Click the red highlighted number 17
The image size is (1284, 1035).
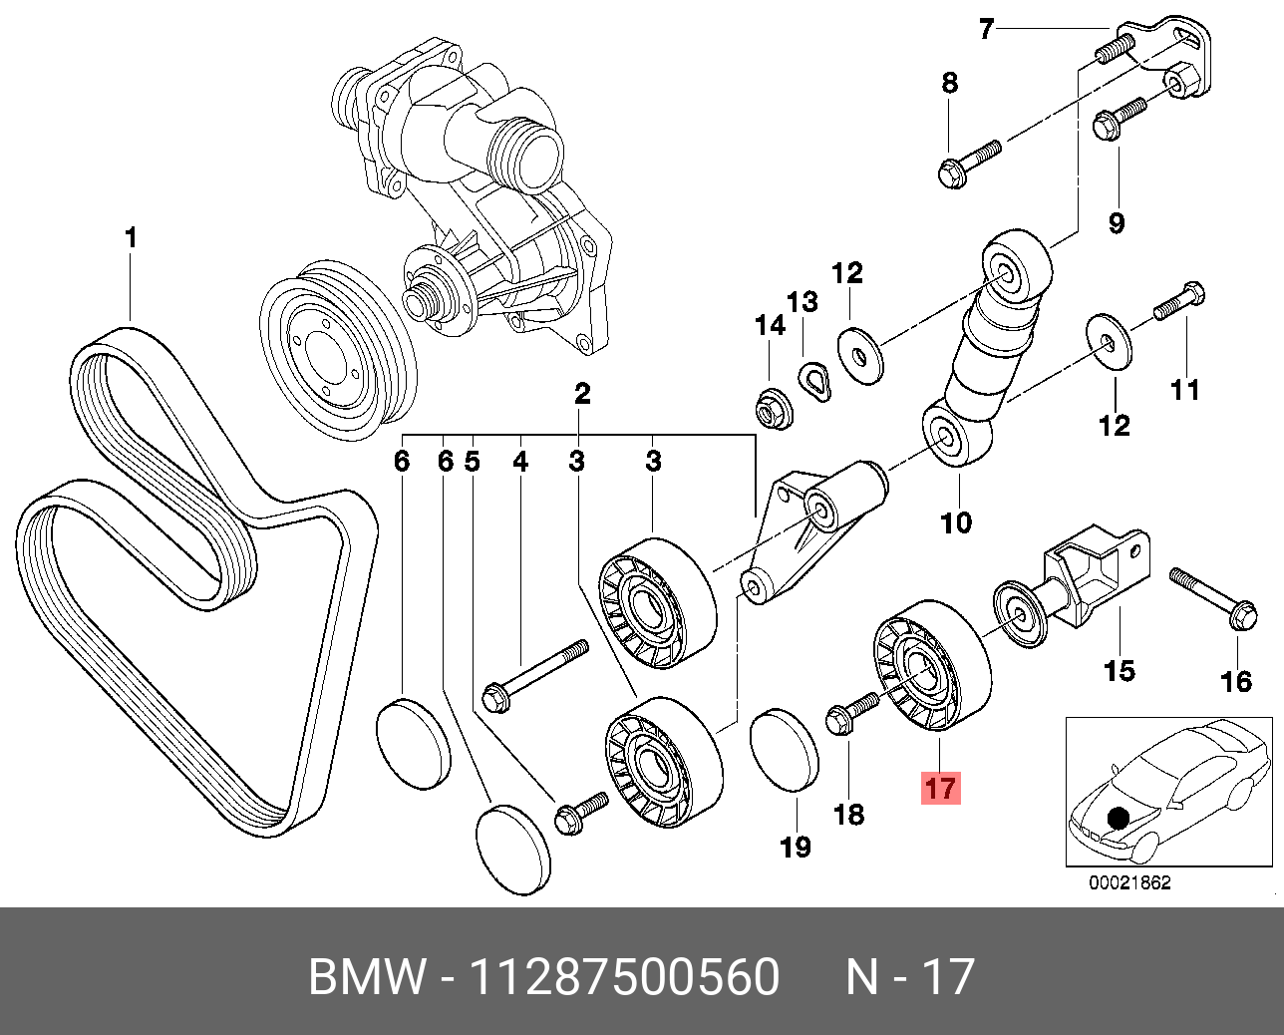[941, 788]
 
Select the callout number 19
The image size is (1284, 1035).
[796, 847]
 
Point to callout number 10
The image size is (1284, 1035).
[956, 521]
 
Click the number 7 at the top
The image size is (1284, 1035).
[986, 29]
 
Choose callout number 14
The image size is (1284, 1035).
[770, 326]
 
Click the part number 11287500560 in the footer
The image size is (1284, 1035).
[624, 976]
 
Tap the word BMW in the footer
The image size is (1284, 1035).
[366, 976]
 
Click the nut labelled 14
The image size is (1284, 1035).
[774, 411]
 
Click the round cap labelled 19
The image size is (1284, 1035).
[785, 750]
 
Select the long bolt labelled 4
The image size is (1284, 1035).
[534, 676]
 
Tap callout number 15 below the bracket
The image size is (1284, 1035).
[1120, 671]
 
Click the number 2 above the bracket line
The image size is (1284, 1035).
[582, 393]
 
